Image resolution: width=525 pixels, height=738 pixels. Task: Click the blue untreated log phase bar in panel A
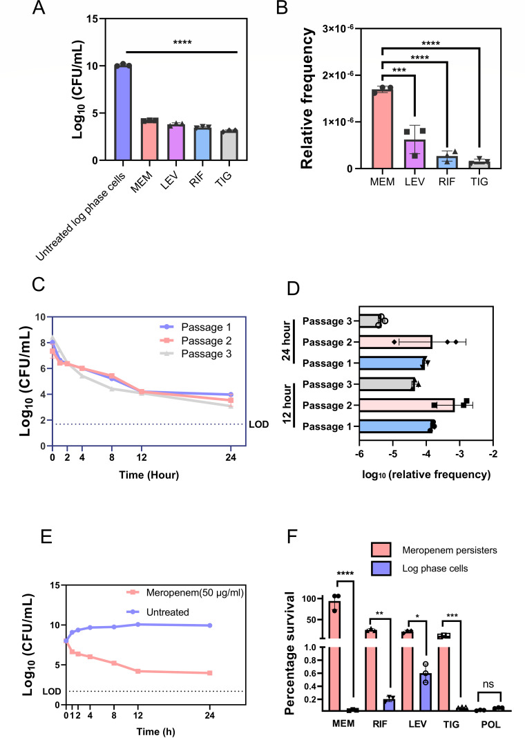click(123, 113)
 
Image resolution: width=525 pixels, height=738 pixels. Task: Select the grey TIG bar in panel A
click(229, 145)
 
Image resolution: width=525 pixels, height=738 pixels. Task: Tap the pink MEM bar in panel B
click(382, 129)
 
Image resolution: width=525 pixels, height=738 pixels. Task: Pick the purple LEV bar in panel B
click(414, 154)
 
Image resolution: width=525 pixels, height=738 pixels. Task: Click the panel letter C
click(39, 284)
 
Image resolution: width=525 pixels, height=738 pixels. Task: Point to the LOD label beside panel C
click(259, 424)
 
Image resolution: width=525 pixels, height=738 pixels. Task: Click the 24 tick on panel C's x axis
click(231, 457)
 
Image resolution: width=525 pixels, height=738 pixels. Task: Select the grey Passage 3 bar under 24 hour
click(370, 321)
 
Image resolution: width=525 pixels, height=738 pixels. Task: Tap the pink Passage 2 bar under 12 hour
click(407, 405)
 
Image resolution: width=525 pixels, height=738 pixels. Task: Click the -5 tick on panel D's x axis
click(393, 454)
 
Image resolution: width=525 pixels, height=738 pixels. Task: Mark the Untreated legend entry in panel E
click(158, 612)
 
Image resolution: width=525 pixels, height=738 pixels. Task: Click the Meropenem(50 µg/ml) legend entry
click(185, 593)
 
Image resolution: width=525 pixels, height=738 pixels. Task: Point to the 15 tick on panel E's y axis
click(55, 585)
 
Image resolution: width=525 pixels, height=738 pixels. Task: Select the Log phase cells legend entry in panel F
click(419, 568)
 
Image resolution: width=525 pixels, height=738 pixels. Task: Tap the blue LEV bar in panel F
click(426, 692)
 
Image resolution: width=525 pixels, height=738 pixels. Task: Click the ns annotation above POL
click(488, 684)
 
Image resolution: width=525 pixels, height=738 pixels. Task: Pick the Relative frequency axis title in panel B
click(307, 98)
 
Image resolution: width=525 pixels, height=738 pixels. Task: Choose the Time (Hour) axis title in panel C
click(149, 475)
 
